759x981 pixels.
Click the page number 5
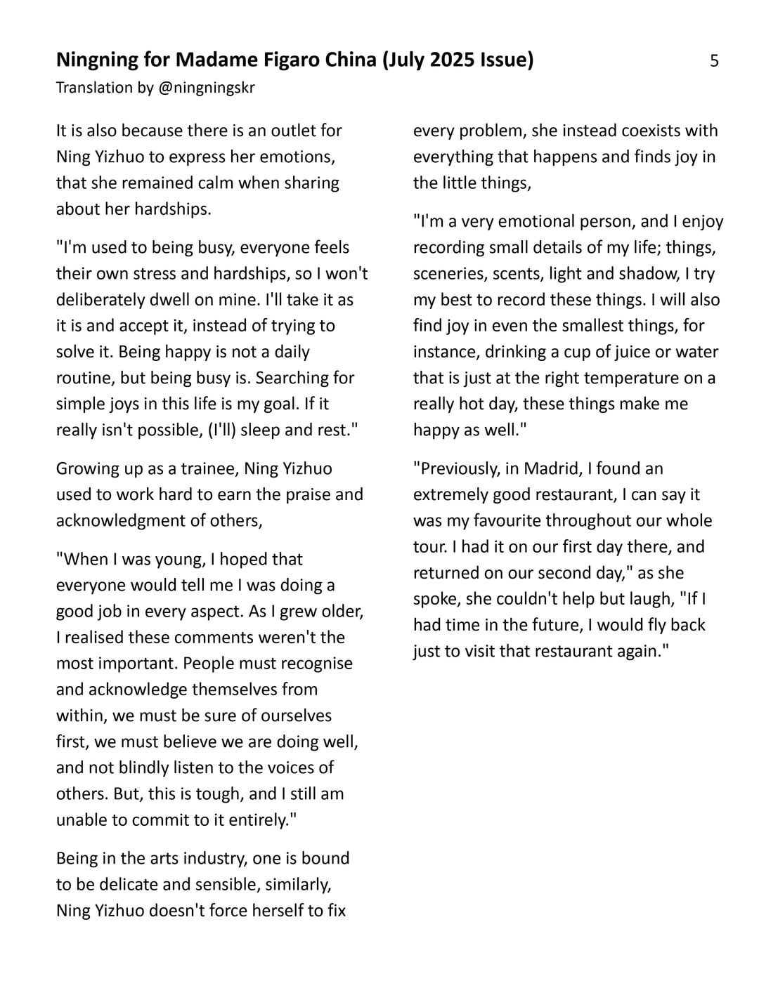714,61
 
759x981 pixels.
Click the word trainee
207,468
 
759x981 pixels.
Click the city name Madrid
551,468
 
